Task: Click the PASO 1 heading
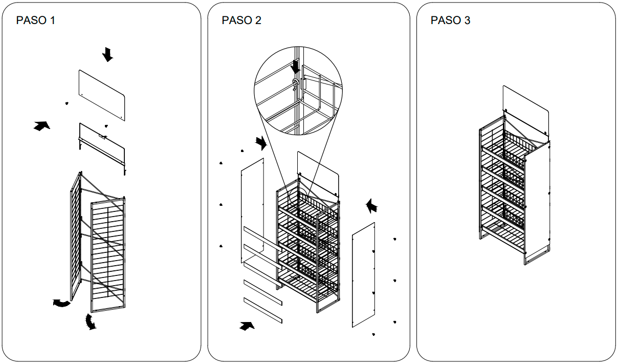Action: click(36, 20)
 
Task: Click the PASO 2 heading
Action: click(241, 20)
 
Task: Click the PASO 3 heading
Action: click(450, 20)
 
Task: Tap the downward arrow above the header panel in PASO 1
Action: click(107, 54)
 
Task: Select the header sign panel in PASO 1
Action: click(102, 95)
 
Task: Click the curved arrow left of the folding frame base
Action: click(62, 303)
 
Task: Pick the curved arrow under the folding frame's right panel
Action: click(91, 322)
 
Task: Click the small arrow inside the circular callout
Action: click(295, 66)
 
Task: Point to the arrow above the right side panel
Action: click(373, 206)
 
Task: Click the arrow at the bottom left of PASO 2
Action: click(247, 326)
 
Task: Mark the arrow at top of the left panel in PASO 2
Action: click(261, 143)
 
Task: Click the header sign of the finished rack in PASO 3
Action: click(526, 110)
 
